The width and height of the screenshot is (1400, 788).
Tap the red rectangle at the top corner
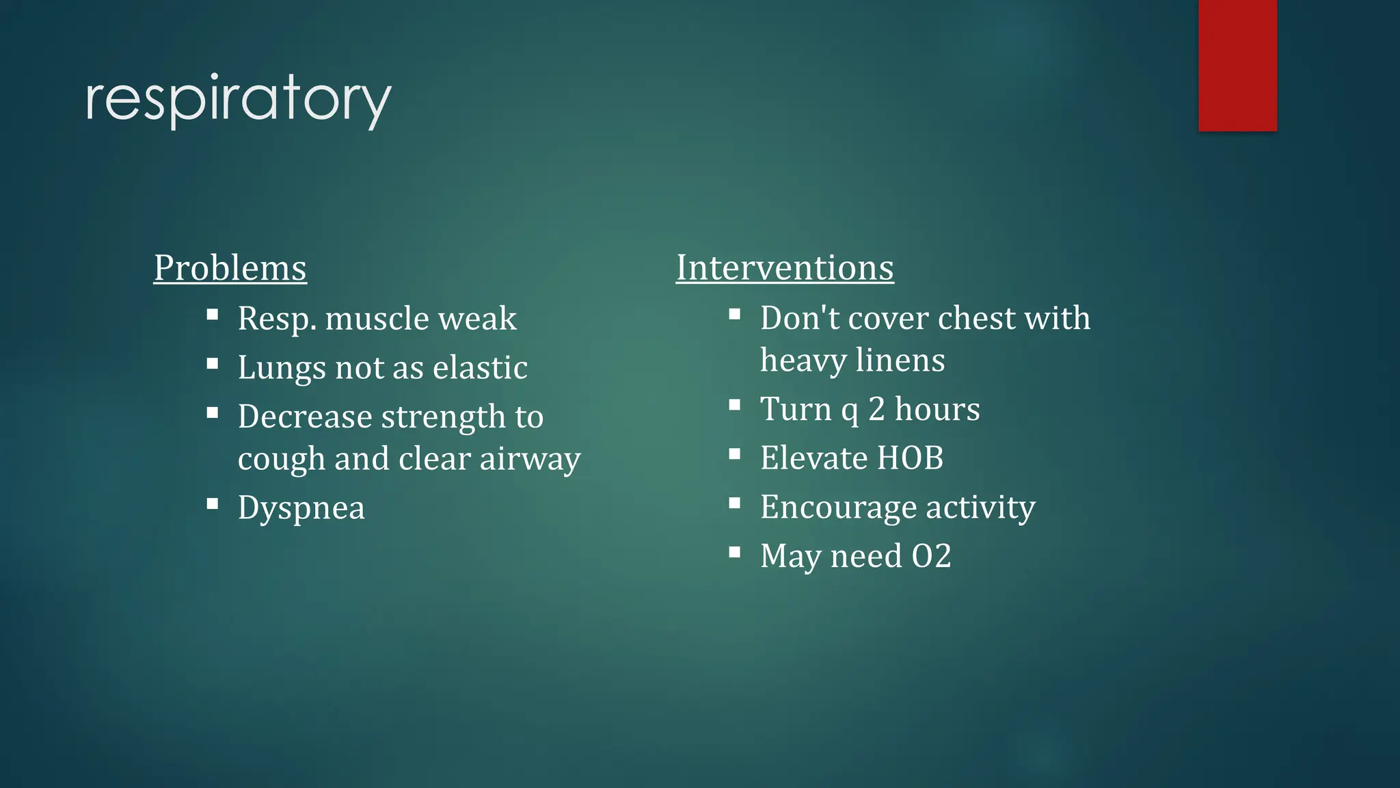(x=1237, y=65)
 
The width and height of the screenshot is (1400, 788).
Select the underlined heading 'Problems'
(x=230, y=267)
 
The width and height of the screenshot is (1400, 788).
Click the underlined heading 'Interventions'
(x=785, y=267)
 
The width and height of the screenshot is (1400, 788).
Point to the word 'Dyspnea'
(x=301, y=508)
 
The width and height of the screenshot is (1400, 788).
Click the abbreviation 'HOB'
(x=910, y=458)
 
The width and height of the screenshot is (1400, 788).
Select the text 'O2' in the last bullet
(x=931, y=556)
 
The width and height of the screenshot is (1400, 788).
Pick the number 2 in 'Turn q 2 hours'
(x=876, y=409)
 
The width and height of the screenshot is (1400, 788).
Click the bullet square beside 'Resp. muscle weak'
(x=213, y=315)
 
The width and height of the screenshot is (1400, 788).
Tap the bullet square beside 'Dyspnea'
(x=213, y=504)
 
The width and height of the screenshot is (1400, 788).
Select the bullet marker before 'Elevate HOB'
(x=735, y=454)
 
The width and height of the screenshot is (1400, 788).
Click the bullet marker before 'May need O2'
(x=735, y=552)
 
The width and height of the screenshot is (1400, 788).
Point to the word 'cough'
(x=281, y=459)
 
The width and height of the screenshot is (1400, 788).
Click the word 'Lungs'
(x=282, y=368)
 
